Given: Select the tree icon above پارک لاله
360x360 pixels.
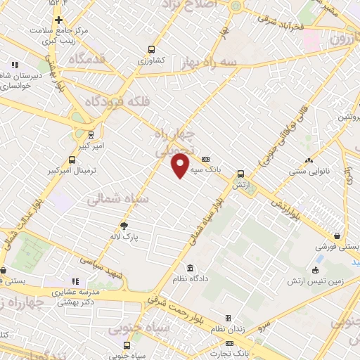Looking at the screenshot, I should [x=125, y=226].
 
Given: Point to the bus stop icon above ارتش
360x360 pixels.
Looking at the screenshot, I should [x=241, y=174].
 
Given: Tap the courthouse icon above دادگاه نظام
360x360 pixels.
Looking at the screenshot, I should [x=191, y=268].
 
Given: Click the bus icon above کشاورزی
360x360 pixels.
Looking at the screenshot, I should [x=150, y=49].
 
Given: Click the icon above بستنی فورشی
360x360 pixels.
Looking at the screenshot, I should [x=340, y=236].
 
